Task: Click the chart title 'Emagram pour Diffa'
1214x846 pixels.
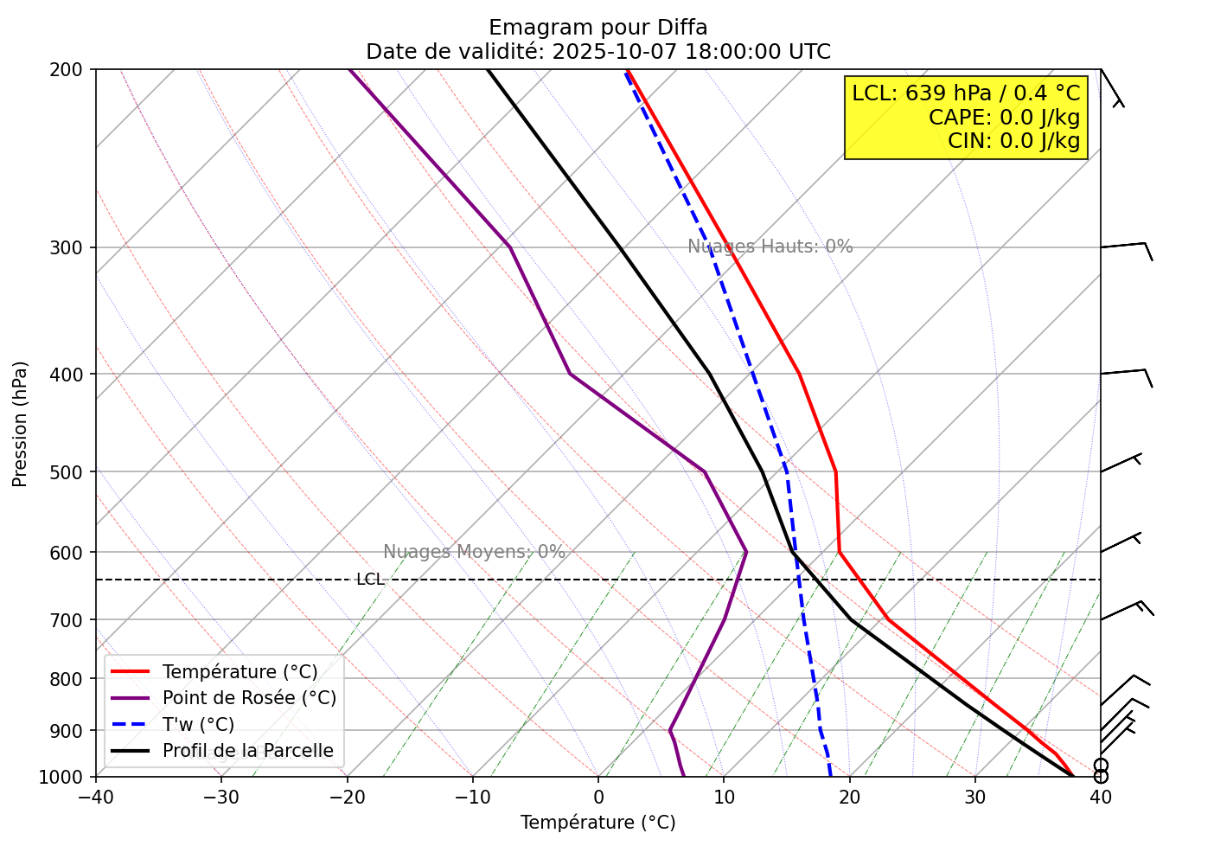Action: (x=597, y=28)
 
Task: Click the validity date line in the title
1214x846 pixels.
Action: (x=597, y=52)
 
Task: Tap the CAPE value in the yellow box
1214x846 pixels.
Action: (x=1004, y=118)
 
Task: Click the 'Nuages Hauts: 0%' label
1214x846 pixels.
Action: (x=770, y=247)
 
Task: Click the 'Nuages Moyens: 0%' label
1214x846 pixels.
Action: (x=474, y=552)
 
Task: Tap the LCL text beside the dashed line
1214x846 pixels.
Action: (x=370, y=580)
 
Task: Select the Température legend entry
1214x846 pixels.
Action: (x=240, y=672)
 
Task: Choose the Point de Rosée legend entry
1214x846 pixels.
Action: (x=249, y=698)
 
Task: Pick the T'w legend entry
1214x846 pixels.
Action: (x=198, y=725)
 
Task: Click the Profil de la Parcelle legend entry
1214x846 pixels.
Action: (x=247, y=751)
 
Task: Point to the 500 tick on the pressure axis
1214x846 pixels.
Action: (x=71, y=472)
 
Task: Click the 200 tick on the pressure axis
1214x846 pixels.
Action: (x=71, y=69)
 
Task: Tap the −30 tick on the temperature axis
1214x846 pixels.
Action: (x=220, y=796)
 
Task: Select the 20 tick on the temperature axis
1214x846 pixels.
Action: (x=849, y=796)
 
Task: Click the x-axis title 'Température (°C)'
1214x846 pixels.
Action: (x=597, y=823)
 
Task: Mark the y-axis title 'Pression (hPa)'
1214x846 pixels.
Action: (x=20, y=424)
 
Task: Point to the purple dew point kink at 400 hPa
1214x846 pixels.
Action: (x=571, y=374)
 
